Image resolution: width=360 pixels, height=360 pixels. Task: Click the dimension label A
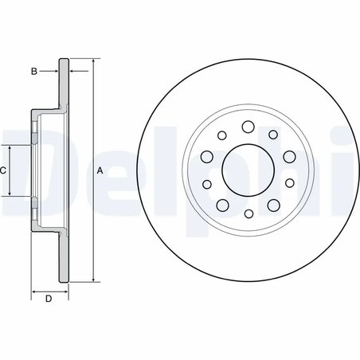(100, 170)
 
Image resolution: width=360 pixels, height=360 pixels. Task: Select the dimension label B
(33, 72)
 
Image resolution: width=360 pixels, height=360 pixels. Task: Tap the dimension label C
(3, 170)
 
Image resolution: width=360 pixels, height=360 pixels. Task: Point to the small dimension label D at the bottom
(48, 299)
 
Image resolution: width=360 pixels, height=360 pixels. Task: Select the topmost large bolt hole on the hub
(247, 126)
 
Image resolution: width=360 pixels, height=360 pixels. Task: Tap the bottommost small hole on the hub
(247, 214)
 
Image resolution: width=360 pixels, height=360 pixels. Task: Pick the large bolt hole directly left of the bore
(205, 156)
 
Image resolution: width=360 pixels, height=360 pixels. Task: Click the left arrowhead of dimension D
(33, 292)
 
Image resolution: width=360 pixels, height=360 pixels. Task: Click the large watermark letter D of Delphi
(20, 171)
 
